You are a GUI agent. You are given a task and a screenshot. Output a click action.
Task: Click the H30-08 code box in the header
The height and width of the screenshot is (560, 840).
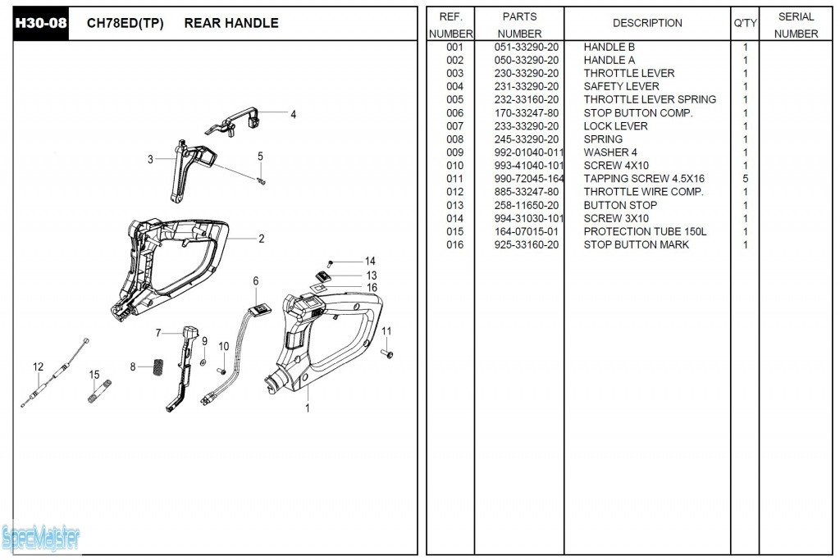pos(39,23)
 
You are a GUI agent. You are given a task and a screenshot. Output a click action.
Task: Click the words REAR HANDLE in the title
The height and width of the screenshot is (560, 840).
pos(231,23)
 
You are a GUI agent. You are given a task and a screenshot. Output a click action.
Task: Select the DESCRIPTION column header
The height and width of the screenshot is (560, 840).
pos(647,23)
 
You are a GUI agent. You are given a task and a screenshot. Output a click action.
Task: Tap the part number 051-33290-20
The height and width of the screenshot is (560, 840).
pos(527,47)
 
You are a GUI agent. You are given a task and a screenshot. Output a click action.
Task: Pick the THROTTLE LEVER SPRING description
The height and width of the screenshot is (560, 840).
pos(650,99)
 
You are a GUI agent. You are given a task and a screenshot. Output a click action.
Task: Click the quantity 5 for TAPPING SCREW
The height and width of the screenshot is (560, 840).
pos(745,178)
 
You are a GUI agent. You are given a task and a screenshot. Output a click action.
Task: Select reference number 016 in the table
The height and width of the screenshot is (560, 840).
pos(454,244)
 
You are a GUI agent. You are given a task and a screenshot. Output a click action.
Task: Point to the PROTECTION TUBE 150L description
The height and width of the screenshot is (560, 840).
pos(645,231)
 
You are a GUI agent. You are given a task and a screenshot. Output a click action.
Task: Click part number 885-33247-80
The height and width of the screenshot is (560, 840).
pos(527,191)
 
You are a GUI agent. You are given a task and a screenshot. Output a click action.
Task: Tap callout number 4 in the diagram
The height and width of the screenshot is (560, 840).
pos(293,115)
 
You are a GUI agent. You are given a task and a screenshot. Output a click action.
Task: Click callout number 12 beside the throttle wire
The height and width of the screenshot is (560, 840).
pos(38,367)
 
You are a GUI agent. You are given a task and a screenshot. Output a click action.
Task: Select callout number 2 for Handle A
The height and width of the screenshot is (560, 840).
pos(261,239)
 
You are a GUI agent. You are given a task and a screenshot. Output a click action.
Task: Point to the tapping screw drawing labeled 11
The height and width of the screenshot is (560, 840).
pos(389,353)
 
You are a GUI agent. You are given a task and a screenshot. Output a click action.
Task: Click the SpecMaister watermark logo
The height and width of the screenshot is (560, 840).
pos(41,538)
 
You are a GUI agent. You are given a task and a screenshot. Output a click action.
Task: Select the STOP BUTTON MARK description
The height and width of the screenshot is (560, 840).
pos(636,244)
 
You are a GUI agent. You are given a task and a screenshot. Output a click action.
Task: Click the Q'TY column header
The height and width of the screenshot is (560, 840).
pos(745,23)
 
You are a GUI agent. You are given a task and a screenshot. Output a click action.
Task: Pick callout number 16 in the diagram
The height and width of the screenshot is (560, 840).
pos(372,288)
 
